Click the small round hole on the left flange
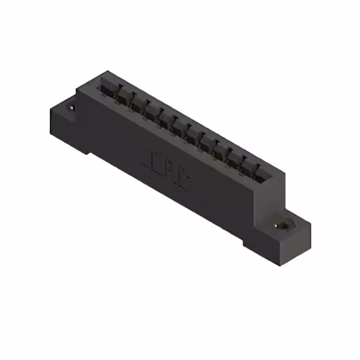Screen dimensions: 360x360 point(71,107)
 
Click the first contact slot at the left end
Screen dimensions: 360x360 point(107,88)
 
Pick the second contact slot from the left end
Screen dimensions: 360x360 point(123,95)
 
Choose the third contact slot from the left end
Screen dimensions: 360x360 point(137,102)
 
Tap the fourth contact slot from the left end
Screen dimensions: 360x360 point(151,109)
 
